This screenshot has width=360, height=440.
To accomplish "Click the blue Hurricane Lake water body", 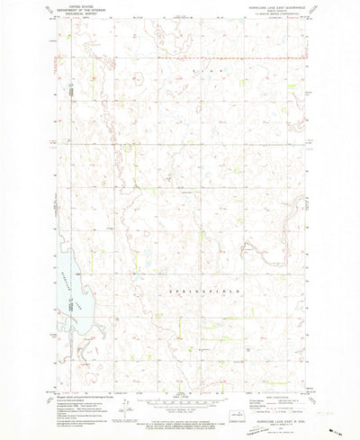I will [67, 297].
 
